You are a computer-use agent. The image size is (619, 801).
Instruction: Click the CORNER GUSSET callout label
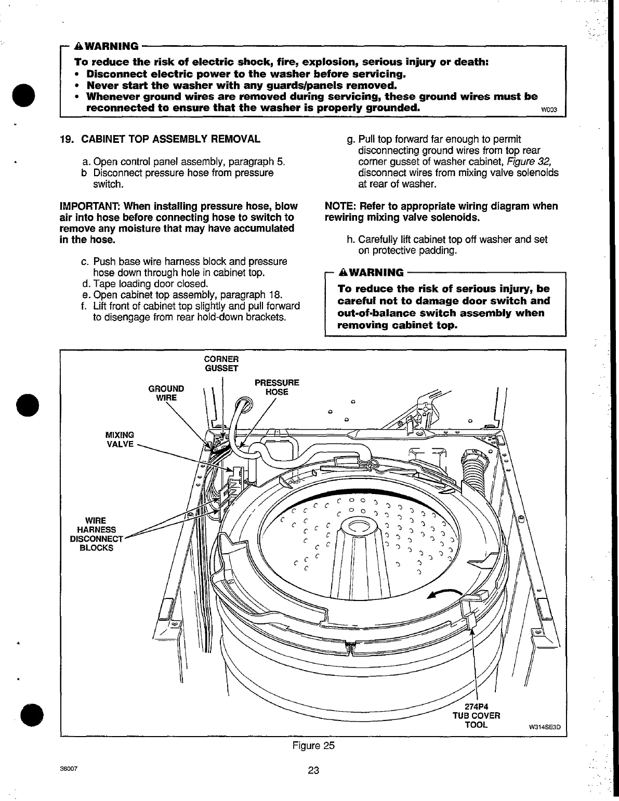221,364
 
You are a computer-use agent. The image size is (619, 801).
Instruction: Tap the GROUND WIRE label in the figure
166,393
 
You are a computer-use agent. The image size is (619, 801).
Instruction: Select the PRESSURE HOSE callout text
276,388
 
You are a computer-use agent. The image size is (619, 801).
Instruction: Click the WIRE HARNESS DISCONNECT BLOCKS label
96,534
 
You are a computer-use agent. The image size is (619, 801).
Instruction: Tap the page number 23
313,770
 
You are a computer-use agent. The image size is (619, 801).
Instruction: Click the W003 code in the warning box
549,110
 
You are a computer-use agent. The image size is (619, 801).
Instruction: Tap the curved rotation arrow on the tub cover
444,594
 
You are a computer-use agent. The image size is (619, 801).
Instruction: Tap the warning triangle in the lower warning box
343,273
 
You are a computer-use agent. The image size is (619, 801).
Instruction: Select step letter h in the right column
350,240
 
